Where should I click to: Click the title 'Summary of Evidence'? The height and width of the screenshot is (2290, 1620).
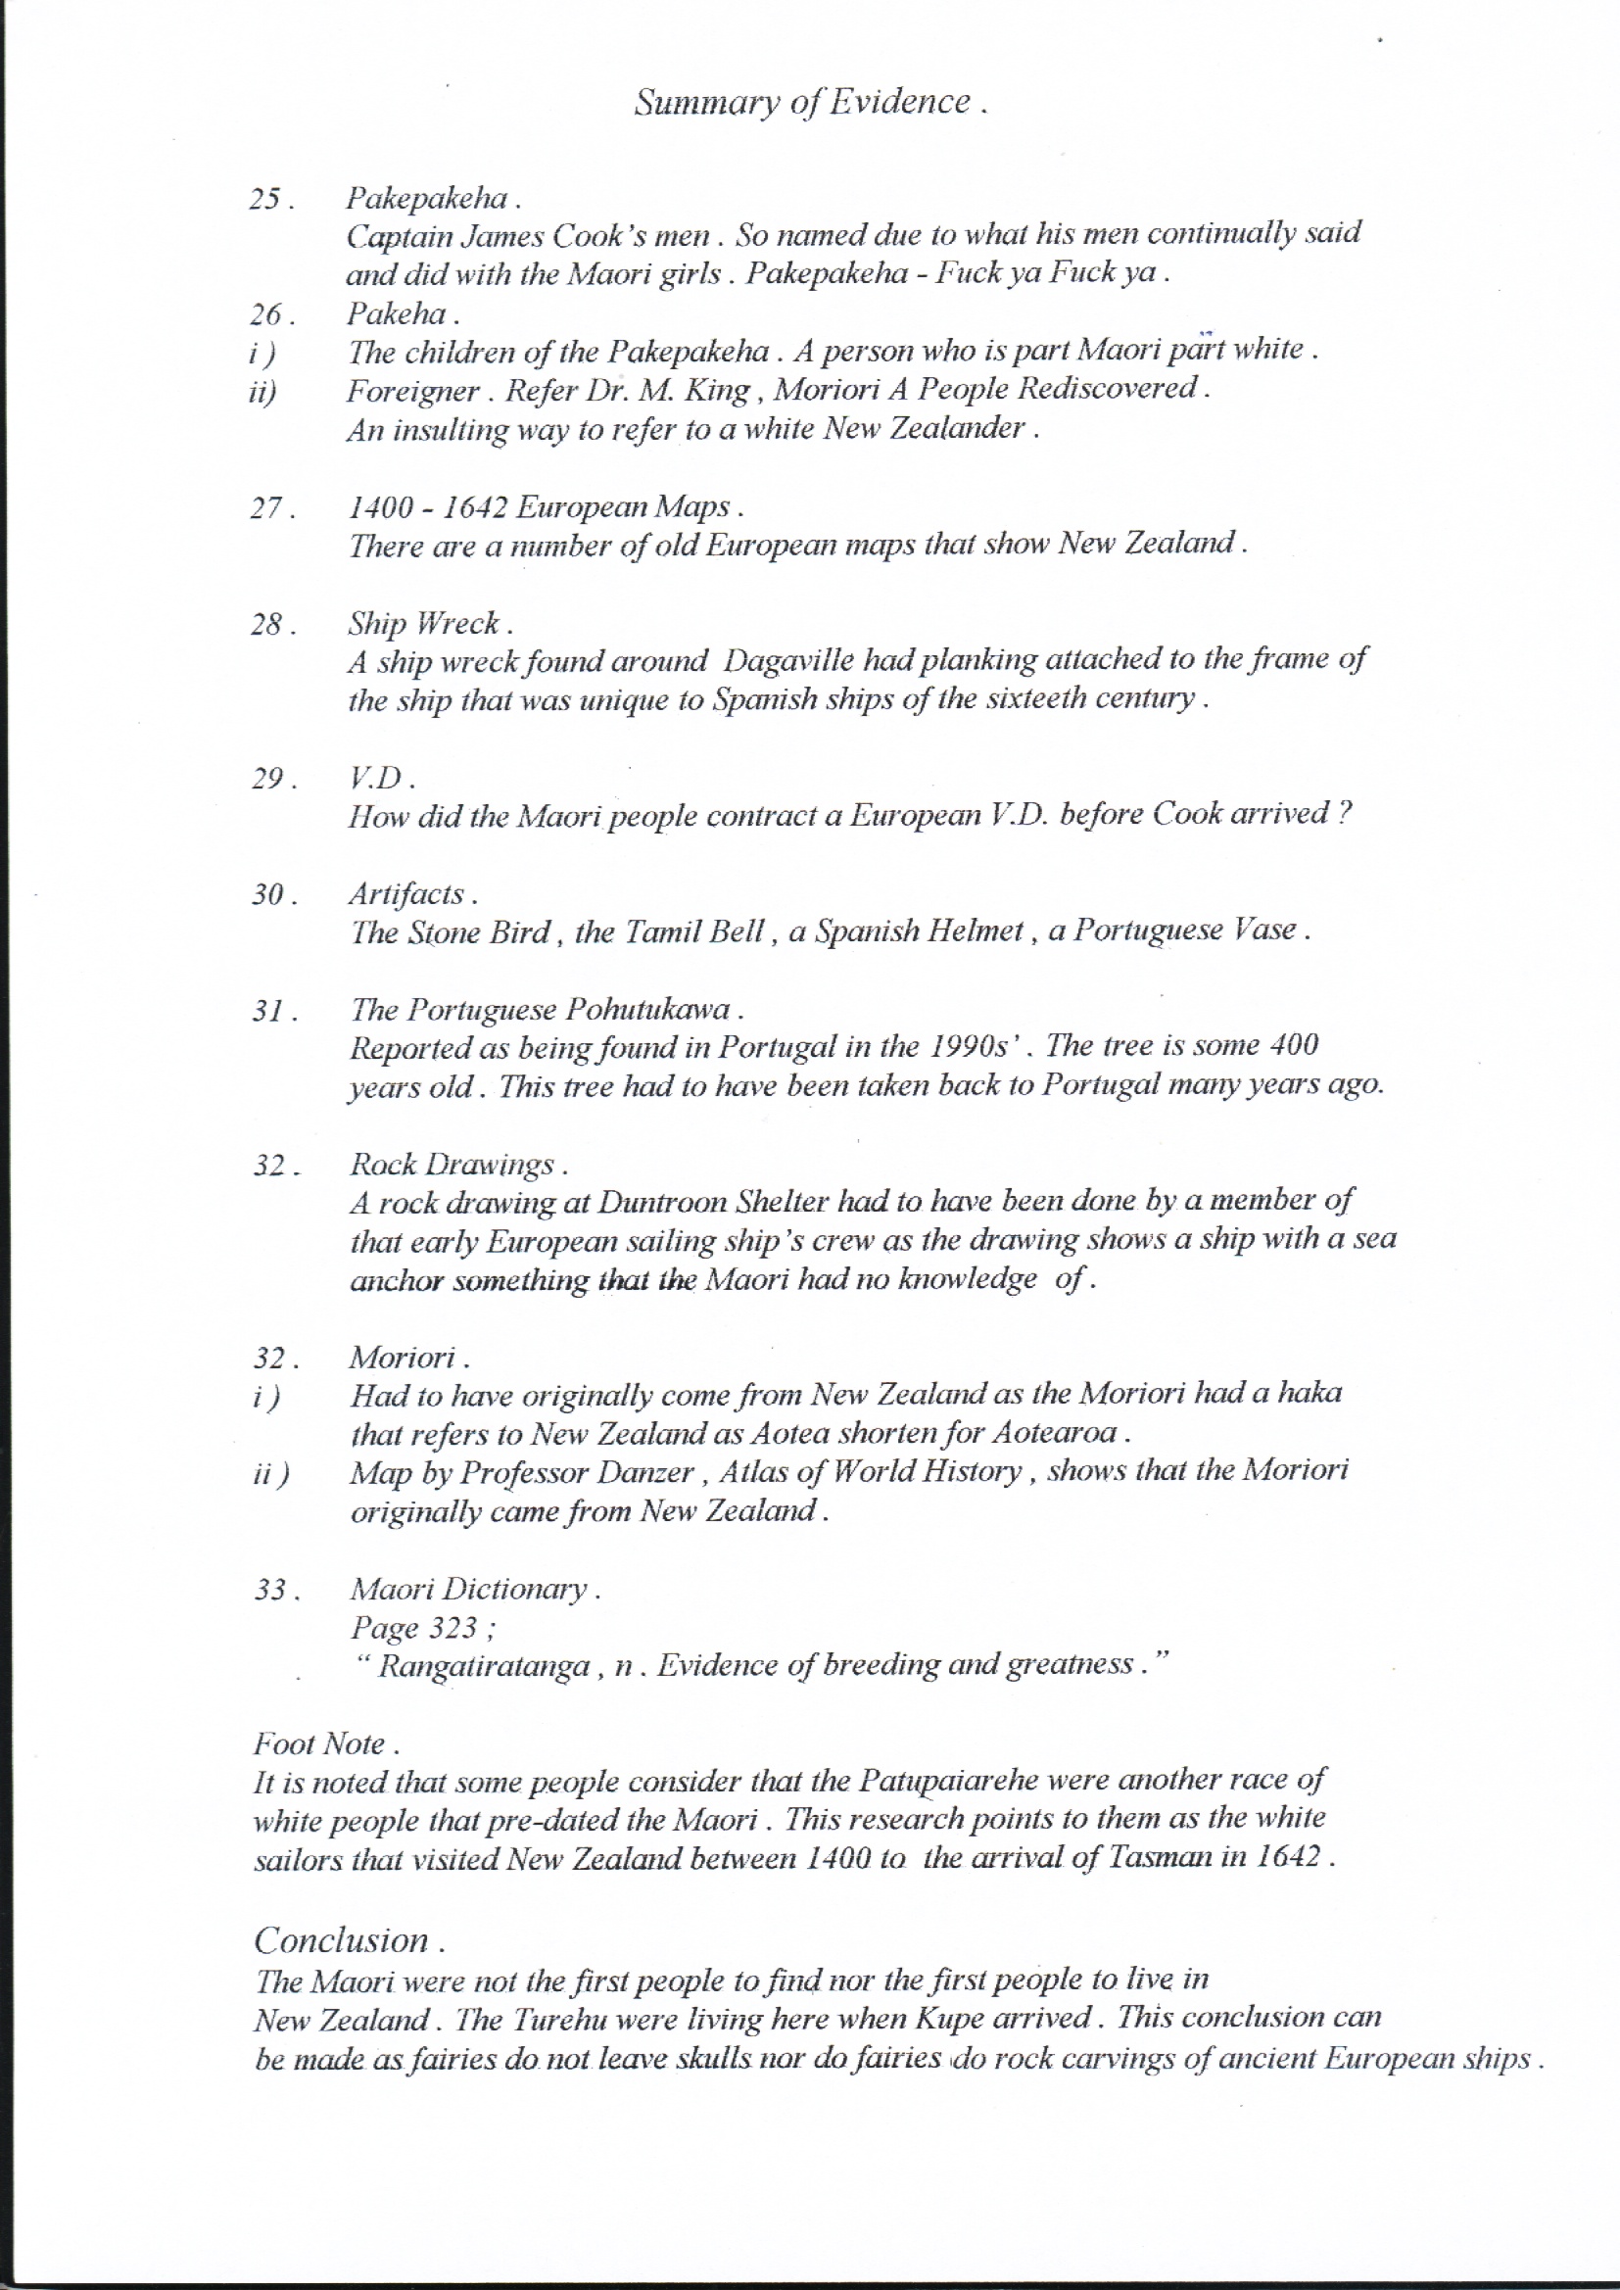coord(809,102)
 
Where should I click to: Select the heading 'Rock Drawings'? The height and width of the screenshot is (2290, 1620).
coord(455,1165)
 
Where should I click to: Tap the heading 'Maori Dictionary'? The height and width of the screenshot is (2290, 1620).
coord(471,1589)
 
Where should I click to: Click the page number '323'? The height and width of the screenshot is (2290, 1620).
coord(450,1628)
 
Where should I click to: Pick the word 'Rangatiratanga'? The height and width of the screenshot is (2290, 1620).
coord(484,1667)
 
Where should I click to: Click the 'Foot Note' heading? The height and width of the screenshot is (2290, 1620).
coord(323,1744)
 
